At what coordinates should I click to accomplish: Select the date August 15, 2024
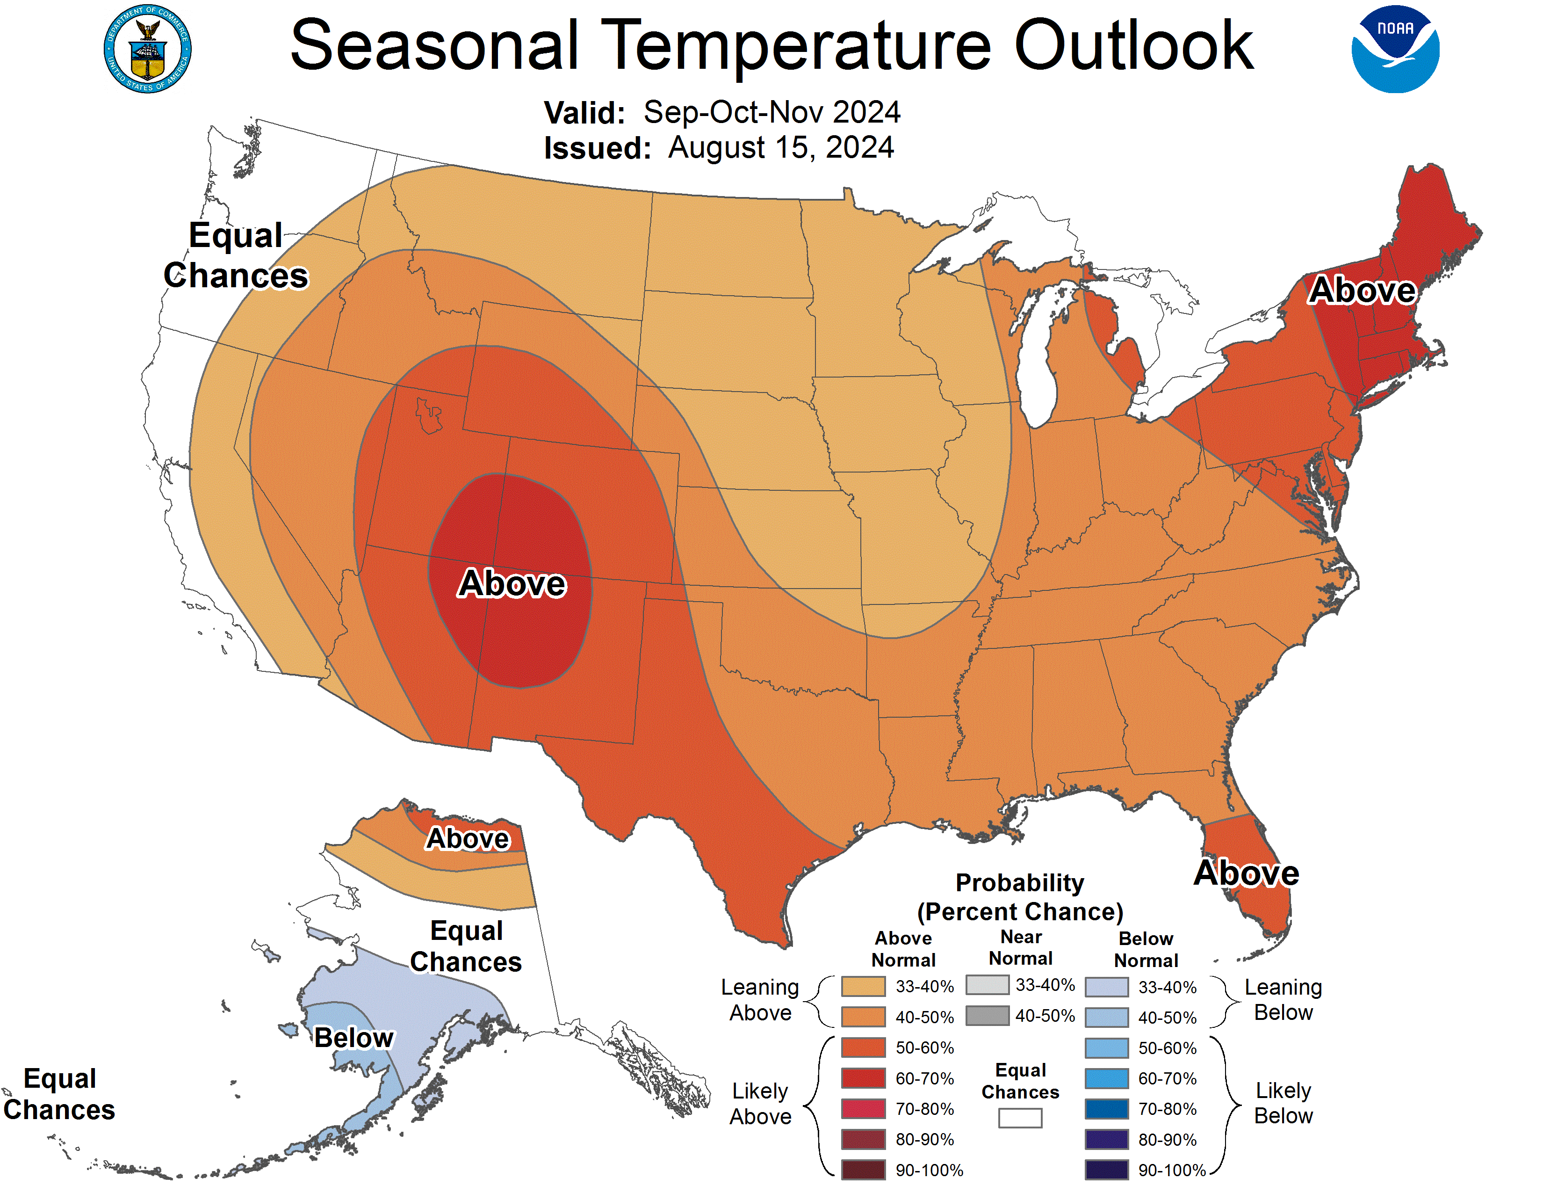[781, 148]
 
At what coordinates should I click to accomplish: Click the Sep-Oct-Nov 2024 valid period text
[771, 112]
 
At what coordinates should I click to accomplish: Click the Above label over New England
[1362, 291]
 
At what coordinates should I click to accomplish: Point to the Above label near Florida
[1246, 873]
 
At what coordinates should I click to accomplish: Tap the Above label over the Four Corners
[512, 584]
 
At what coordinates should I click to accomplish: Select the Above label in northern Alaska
[468, 839]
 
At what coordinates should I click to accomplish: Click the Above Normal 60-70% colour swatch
[863, 1078]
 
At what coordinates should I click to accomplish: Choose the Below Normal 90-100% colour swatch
[1106, 1170]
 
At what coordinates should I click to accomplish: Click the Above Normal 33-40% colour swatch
[863, 986]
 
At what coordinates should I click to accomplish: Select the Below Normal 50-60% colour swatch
[1106, 1048]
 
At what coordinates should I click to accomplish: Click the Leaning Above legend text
[760, 999]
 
